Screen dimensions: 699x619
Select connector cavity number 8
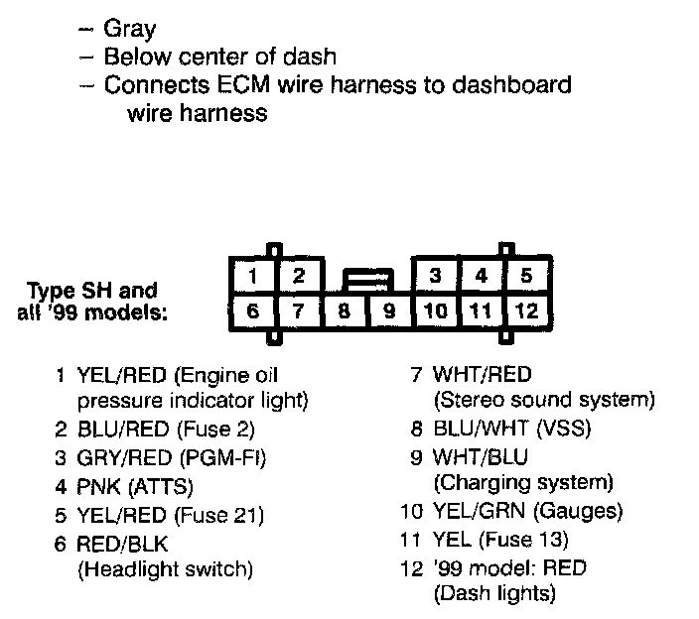pyautogui.click(x=345, y=311)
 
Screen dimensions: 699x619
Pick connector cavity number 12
pyautogui.click(x=526, y=311)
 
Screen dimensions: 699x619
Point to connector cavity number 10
pyautogui.click(x=435, y=311)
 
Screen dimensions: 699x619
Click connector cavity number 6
pyautogui.click(x=254, y=311)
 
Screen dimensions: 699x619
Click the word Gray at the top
pyautogui.click(x=131, y=30)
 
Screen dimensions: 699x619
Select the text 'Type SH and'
pyautogui.click(x=91, y=291)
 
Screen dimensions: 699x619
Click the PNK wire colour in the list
pyautogui.click(x=96, y=487)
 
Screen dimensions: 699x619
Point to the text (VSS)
pyautogui.click(x=565, y=430)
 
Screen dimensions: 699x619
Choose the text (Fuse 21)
pyautogui.click(x=218, y=515)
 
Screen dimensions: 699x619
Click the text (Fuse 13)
pyautogui.click(x=523, y=540)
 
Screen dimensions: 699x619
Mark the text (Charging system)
pyautogui.click(x=523, y=483)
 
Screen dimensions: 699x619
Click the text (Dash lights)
pyautogui.click(x=493, y=594)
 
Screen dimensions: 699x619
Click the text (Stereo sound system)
pyautogui.click(x=544, y=400)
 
